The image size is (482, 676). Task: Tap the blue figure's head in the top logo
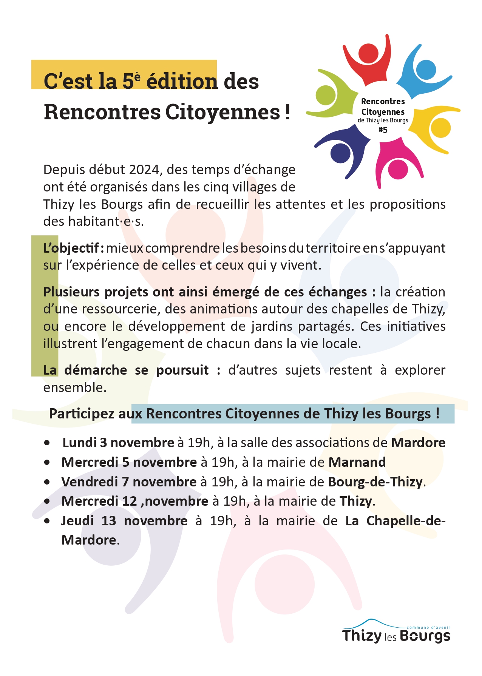coord(426,70)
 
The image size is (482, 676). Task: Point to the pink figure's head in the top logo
coord(398,169)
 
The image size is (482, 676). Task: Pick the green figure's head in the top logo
coord(326,95)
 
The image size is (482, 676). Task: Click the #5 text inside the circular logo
coord(383,130)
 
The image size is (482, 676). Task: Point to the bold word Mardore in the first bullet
coord(418,443)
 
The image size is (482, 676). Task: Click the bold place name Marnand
coord(357,462)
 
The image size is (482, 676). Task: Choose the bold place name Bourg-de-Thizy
coord(375,482)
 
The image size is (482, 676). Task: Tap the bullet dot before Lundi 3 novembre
coord(47,443)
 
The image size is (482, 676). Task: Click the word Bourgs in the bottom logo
coord(425,636)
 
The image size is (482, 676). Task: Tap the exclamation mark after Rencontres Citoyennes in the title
coord(287,112)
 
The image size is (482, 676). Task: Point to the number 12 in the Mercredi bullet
coord(130,502)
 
